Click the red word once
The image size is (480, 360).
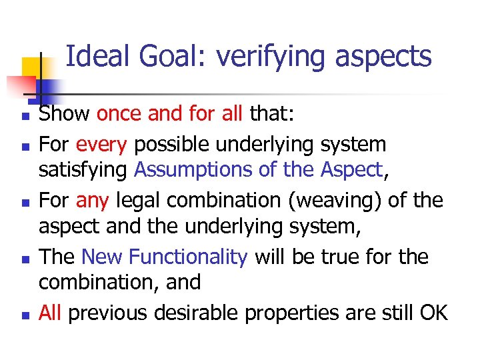pos(119,115)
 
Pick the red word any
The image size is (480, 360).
pos(95,199)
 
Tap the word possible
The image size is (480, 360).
pos(163,143)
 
